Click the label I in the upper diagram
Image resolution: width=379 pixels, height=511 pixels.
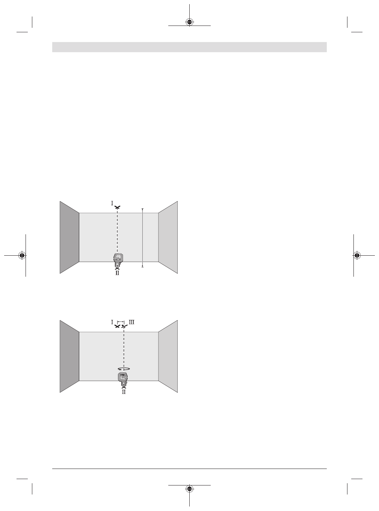click(112, 203)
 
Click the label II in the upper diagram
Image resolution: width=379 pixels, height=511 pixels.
click(117, 273)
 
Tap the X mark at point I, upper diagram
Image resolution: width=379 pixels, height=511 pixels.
click(117, 208)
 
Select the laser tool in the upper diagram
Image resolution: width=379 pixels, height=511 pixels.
click(118, 260)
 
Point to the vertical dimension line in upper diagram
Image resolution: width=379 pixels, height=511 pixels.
click(142, 238)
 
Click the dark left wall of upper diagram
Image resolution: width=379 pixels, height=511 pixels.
click(69, 237)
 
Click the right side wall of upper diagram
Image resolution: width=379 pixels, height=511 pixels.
click(168, 237)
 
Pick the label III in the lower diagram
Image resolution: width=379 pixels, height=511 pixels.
click(131, 322)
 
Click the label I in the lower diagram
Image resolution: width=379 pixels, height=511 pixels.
click(112, 322)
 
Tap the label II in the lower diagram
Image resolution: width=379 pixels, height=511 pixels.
click(124, 392)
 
